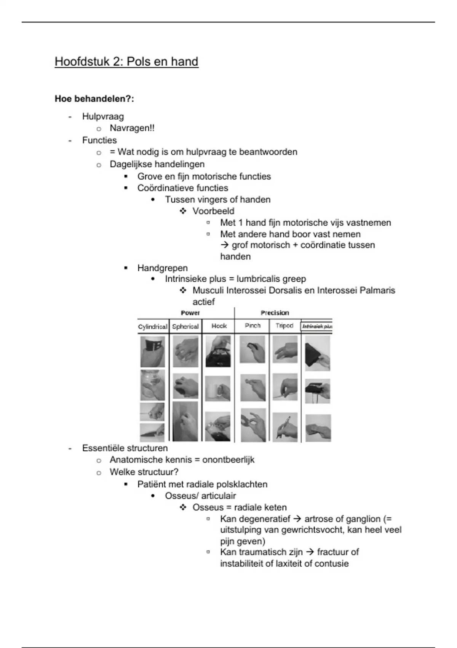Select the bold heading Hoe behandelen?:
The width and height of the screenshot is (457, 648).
tap(94, 99)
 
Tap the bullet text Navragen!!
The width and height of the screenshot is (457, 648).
tap(132, 128)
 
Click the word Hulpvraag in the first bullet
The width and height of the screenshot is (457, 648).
tap(103, 117)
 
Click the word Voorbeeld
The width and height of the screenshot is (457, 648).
tap(213, 211)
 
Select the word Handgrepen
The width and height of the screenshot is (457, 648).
tap(162, 268)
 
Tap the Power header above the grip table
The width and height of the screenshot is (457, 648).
tap(190, 313)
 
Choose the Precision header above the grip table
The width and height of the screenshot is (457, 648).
tap(275, 313)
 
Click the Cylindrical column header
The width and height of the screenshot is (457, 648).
tap(152, 327)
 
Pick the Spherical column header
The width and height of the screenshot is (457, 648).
tap(185, 327)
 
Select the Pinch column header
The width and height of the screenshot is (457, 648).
tap(252, 326)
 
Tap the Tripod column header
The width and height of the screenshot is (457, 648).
tap(284, 326)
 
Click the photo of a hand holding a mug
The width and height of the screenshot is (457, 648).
tap(217, 389)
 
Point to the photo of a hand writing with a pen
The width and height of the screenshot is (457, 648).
tap(285, 427)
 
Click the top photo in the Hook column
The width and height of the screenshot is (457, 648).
tap(218, 351)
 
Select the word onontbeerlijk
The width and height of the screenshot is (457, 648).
tap(228, 460)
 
